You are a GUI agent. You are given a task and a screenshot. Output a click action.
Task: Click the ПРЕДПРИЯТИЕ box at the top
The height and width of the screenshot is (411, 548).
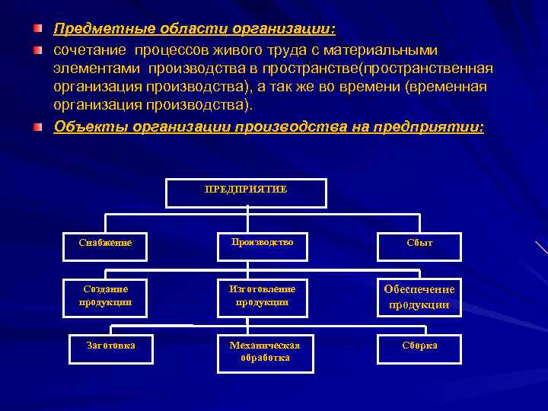246,193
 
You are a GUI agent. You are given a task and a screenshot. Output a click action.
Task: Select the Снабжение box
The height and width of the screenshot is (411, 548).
104,242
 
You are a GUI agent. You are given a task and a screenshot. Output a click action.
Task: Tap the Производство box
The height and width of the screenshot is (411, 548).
263,242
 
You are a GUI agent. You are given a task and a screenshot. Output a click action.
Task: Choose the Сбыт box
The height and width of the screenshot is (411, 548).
419,243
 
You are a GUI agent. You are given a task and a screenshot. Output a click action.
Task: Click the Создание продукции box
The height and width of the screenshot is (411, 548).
105,295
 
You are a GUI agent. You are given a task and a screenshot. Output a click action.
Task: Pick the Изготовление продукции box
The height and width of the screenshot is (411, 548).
263,295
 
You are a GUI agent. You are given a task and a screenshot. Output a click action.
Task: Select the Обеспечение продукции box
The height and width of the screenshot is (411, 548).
419,297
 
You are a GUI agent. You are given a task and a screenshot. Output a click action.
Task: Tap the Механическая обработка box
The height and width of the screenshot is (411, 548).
265,352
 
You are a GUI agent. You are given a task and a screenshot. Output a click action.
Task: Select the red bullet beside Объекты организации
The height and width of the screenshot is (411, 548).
38,126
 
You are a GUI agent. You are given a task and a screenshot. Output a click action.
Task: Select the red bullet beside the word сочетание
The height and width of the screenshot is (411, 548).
38,50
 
